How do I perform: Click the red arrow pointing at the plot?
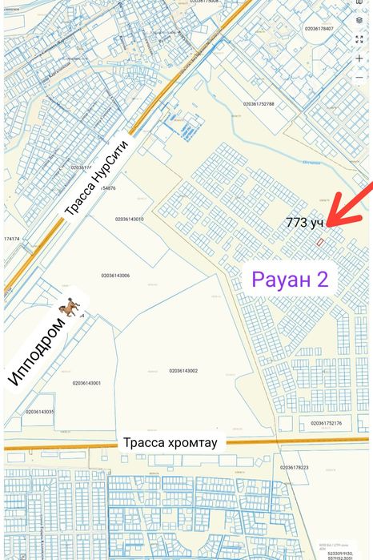coord(346,209)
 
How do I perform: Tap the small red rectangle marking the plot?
coord(320,241)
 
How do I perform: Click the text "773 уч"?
coord(304,223)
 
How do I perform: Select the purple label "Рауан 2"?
coord(295,280)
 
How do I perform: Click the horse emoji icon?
coord(70,307)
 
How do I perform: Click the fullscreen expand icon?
coord(359,39)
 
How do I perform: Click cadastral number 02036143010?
coord(129,219)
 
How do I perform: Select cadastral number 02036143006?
coord(115,276)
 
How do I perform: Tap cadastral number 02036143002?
coord(183,370)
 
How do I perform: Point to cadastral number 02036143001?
coord(86,383)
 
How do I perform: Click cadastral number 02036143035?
coord(40,412)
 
